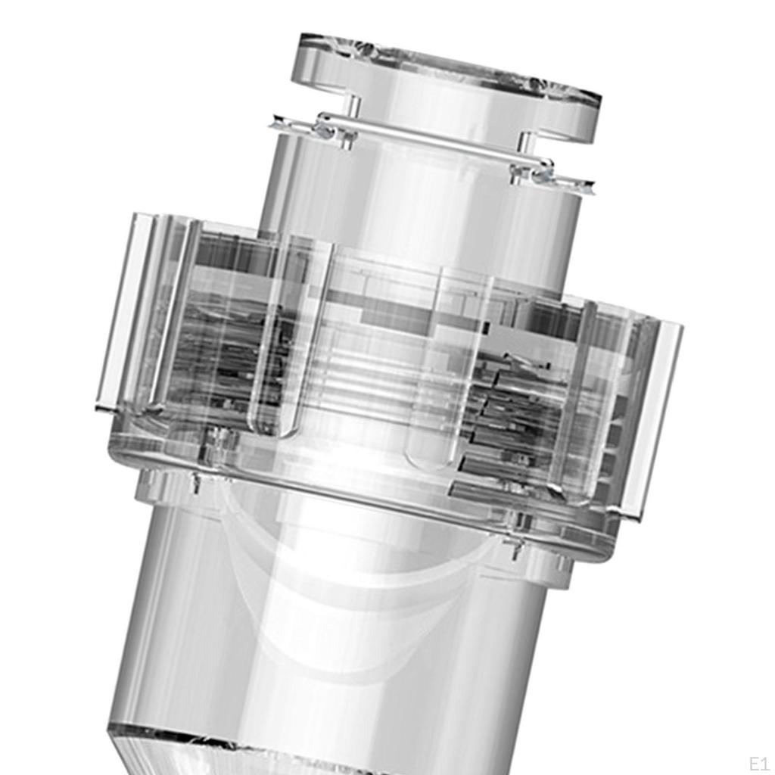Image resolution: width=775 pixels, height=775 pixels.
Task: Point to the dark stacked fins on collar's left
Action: [x=227, y=356]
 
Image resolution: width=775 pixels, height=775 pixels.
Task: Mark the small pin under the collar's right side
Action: [x=516, y=548]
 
